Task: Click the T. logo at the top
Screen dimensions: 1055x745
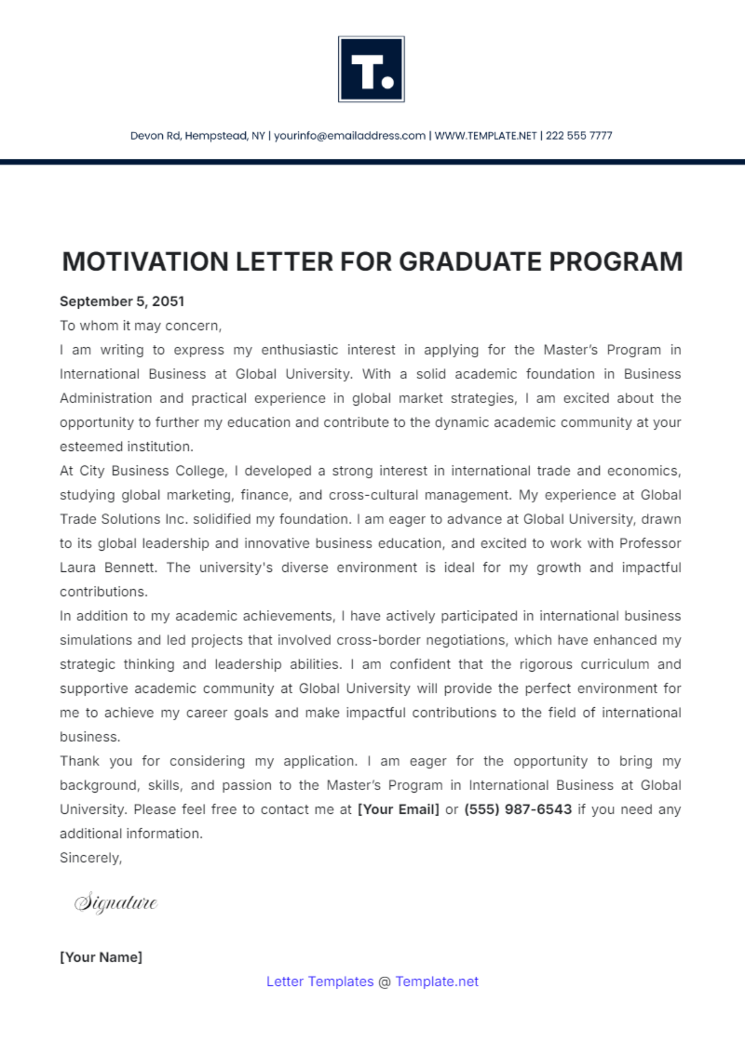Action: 371,69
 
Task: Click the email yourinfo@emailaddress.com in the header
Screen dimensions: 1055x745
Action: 350,136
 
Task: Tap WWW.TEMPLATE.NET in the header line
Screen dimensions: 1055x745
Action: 485,136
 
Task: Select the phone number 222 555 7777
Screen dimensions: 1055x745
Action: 579,136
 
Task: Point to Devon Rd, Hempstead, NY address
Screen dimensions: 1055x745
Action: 197,136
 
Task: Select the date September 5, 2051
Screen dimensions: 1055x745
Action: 122,301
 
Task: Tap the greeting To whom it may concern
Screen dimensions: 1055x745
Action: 140,326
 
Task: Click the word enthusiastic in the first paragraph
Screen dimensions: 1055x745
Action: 299,350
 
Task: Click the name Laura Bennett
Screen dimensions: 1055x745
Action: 107,568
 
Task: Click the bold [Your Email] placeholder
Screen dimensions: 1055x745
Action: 398,809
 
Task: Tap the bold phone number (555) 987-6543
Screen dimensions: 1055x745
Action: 518,809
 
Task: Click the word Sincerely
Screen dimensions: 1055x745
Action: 91,858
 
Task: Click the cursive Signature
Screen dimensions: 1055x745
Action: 116,902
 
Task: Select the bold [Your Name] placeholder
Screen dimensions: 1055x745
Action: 101,957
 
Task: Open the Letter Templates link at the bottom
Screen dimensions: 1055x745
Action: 320,982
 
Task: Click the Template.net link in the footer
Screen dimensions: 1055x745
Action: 436,982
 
